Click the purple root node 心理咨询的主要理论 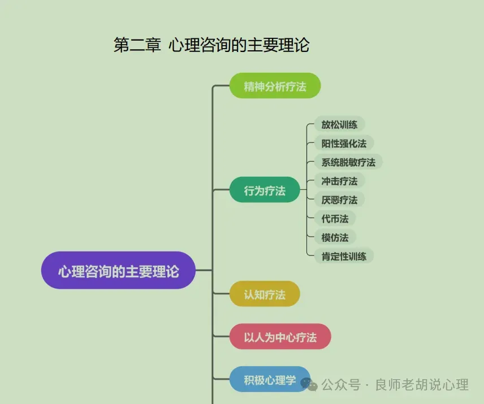coord(118,271)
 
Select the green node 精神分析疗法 coord(275,86)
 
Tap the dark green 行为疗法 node coord(265,191)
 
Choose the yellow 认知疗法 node coord(265,294)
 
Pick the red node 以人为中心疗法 coord(280,337)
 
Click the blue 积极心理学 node coord(270,380)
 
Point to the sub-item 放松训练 coord(339,124)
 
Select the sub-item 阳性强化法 coord(344,144)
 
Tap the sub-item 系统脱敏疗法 coord(348,162)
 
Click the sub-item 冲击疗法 coord(339,181)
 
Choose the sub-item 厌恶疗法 coord(339,199)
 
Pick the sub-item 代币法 coord(335,219)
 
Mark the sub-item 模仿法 coord(335,237)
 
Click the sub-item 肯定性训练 coord(344,256)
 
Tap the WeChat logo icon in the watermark coord(309,385)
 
